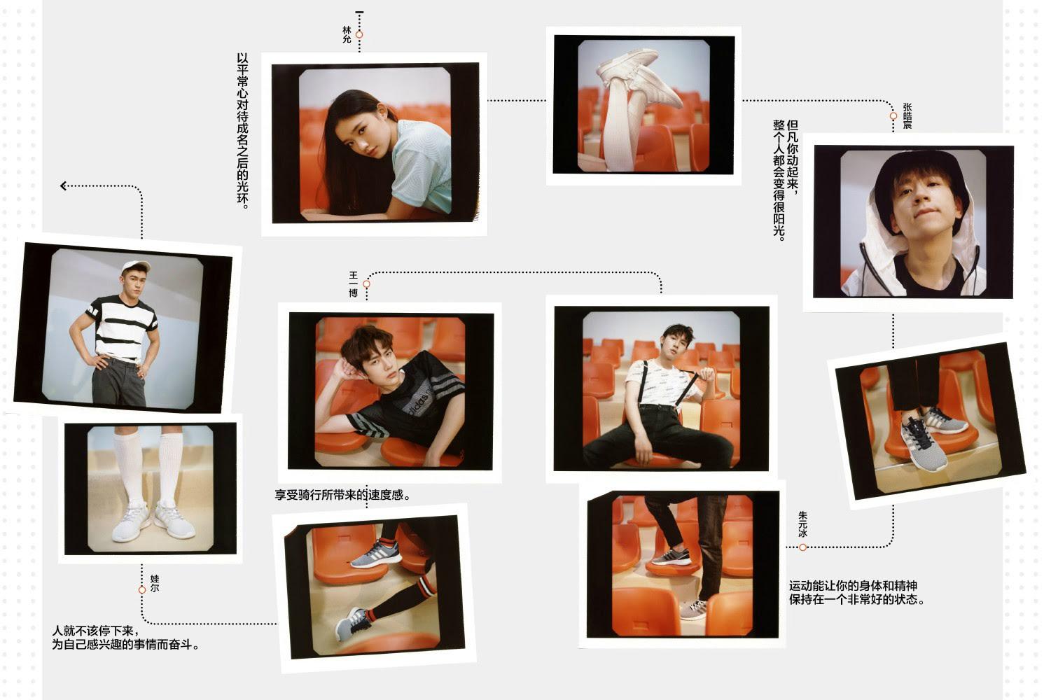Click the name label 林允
click(347, 34)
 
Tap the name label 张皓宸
click(907, 116)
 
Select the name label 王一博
click(354, 284)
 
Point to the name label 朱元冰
click(802, 524)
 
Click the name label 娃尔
click(155, 584)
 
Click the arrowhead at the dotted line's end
click(64, 186)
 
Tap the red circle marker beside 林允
click(359, 34)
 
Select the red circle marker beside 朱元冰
click(802, 547)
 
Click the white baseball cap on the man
click(135, 267)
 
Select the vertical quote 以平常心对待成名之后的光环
click(242, 130)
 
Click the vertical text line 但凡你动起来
click(793, 157)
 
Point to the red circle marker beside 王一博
click(366, 284)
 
